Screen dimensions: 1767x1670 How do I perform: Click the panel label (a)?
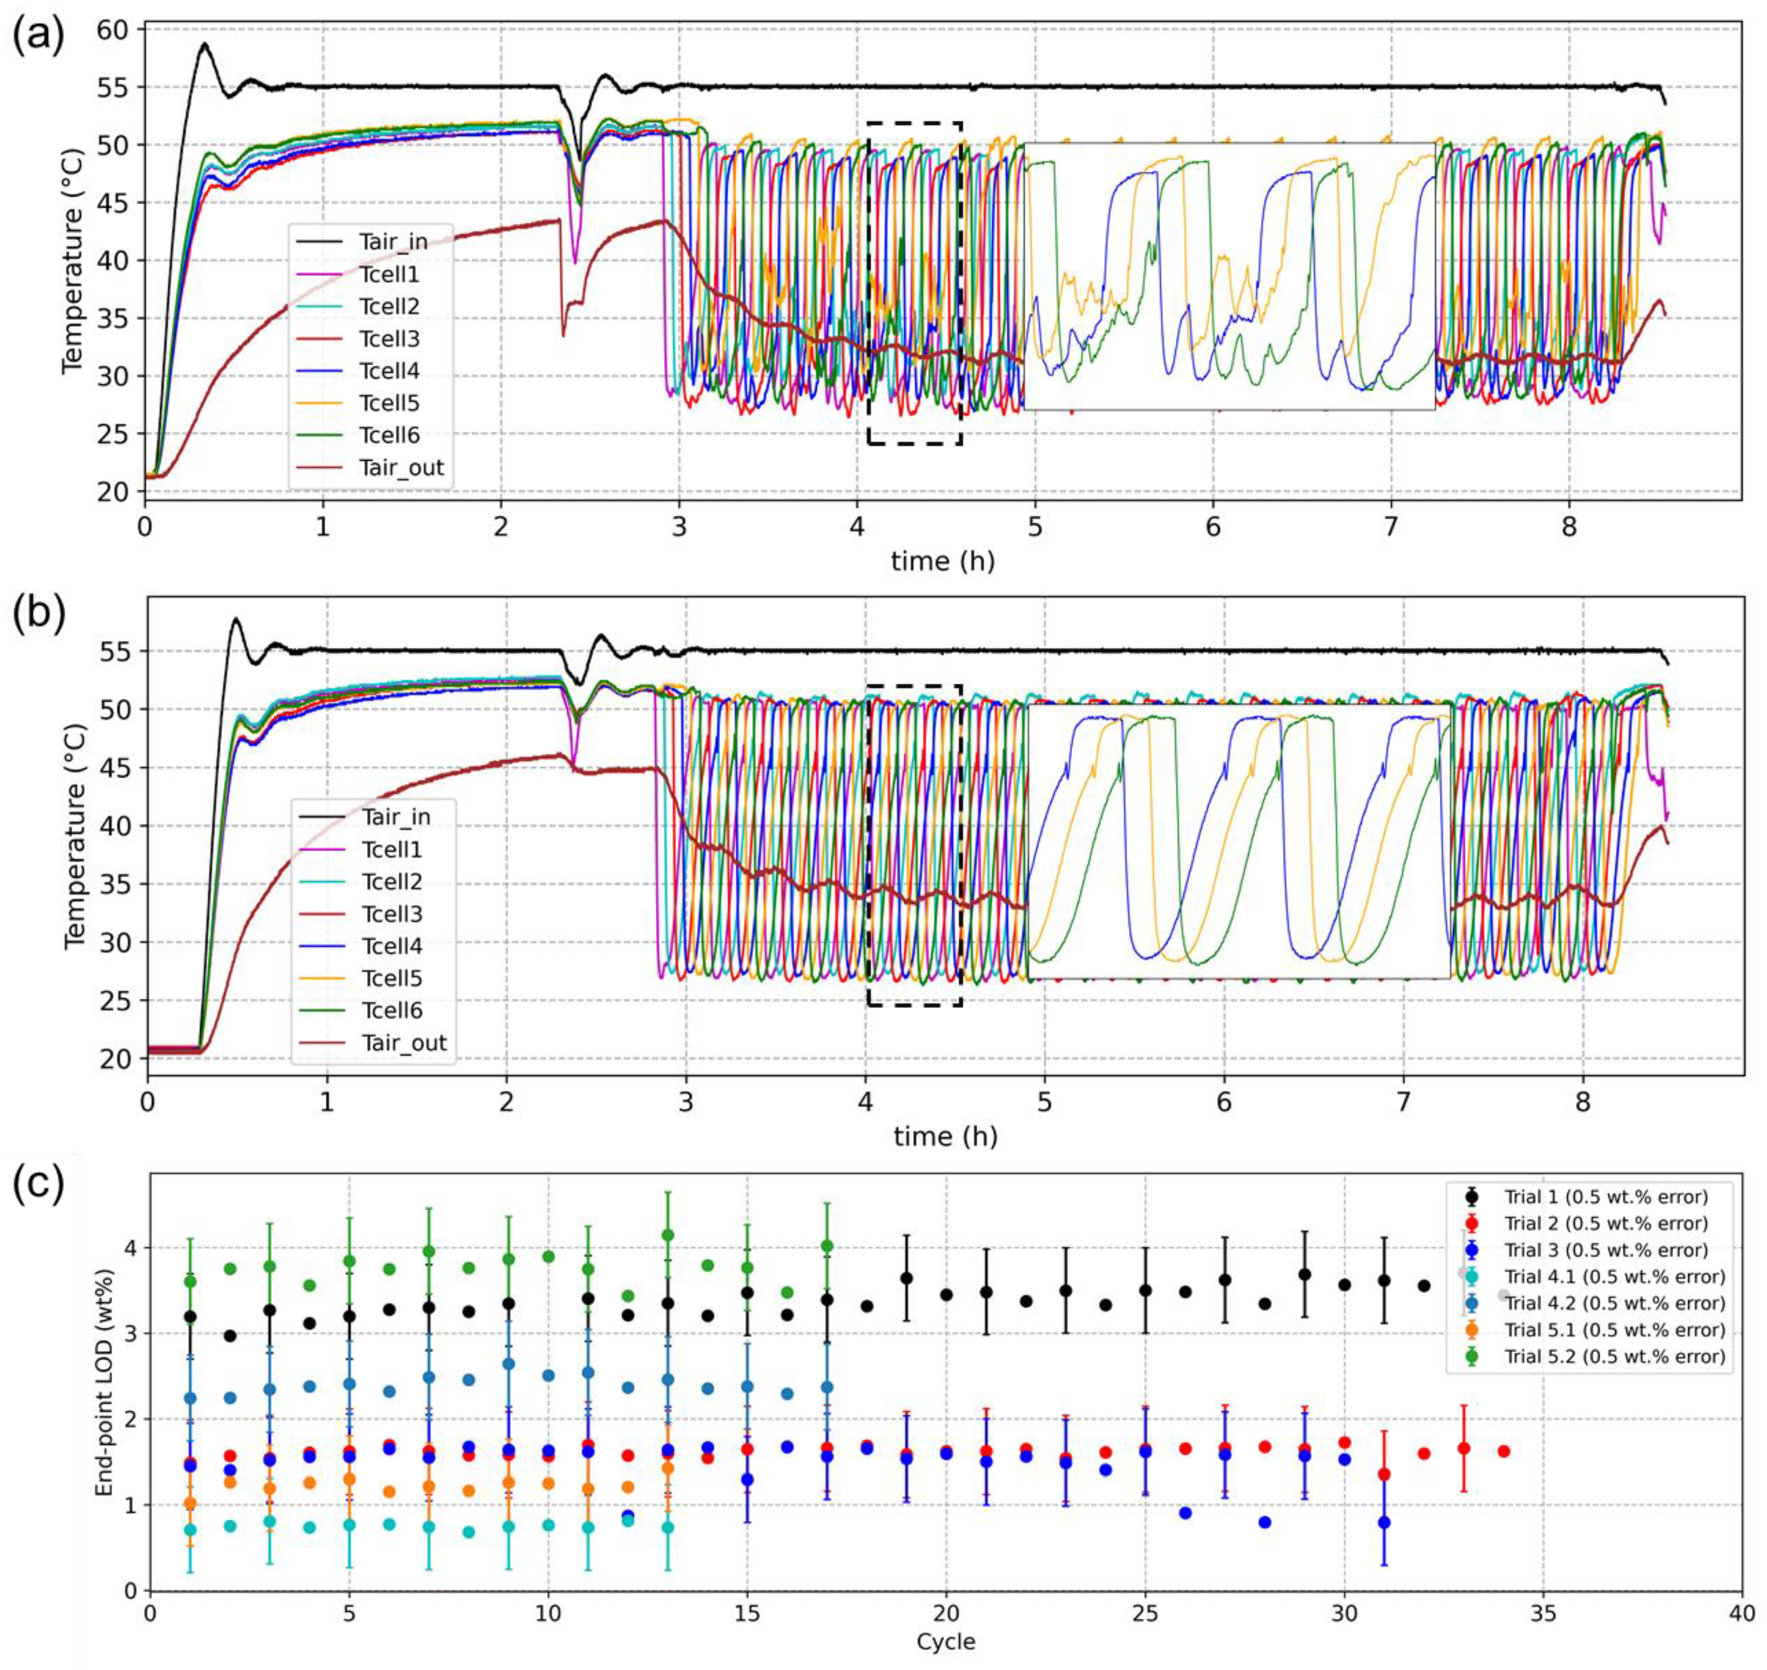click(x=37, y=37)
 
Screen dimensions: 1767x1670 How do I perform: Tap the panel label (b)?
click(x=37, y=616)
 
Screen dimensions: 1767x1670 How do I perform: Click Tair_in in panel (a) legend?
click(x=393, y=242)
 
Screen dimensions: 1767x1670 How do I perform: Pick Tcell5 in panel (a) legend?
click(x=389, y=403)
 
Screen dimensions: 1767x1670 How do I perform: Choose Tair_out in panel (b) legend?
click(x=404, y=1042)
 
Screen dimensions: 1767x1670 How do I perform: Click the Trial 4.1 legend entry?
click(x=1614, y=1277)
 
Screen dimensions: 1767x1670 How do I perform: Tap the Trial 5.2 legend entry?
click(x=1614, y=1357)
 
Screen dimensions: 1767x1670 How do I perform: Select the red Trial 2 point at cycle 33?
click(x=1464, y=1449)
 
